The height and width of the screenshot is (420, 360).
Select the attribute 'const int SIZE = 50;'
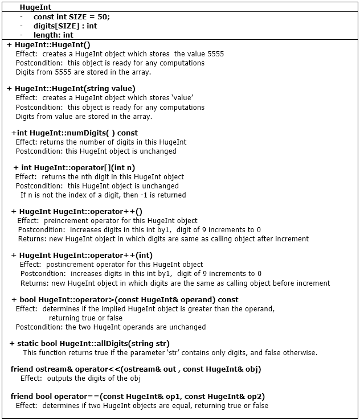[x=71, y=17]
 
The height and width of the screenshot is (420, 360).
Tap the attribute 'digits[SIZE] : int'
[x=65, y=26]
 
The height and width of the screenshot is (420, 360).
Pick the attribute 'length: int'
[x=53, y=35]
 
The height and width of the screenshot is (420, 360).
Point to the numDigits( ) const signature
[x=74, y=133]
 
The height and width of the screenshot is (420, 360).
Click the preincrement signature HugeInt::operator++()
[x=77, y=211]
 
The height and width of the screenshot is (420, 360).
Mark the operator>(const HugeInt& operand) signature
[x=125, y=299]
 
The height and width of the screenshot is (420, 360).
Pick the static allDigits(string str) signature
[x=89, y=343]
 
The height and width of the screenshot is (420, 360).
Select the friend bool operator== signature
[x=137, y=396]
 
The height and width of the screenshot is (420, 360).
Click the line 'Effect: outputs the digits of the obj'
[x=80, y=378]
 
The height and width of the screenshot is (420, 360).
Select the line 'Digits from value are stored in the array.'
[x=84, y=116]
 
